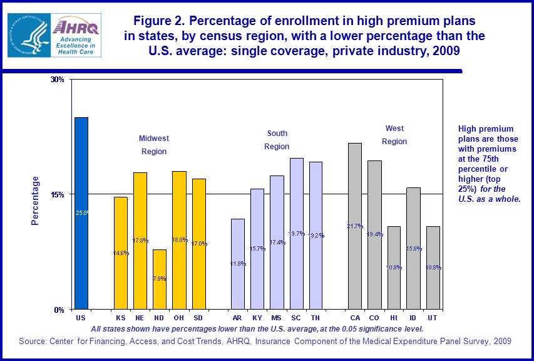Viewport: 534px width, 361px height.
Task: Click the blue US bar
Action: [x=81, y=213]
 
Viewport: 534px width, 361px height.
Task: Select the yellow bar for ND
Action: [x=160, y=279]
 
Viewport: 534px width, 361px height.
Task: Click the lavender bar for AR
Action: [x=238, y=263]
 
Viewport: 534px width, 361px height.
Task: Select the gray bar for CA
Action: [x=355, y=226]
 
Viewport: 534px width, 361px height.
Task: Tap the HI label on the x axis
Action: [x=394, y=318]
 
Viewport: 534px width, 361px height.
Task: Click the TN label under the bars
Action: [x=316, y=318]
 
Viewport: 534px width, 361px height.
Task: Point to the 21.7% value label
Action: [x=355, y=226]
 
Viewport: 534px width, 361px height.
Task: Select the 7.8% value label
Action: [x=160, y=279]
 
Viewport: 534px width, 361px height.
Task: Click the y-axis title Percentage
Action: [x=36, y=201]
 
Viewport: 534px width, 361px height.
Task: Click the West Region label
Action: [x=394, y=135]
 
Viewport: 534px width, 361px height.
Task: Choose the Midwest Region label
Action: [x=154, y=145]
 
